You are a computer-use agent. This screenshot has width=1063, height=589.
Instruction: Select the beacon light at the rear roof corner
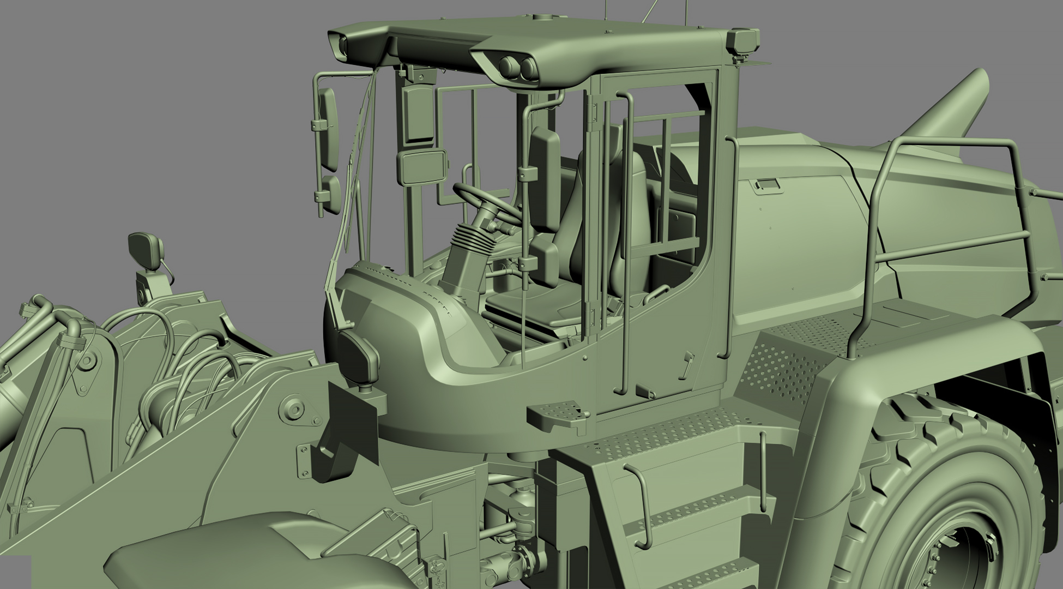(x=745, y=41)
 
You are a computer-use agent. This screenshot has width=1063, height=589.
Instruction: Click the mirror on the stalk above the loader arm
(x=143, y=250)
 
